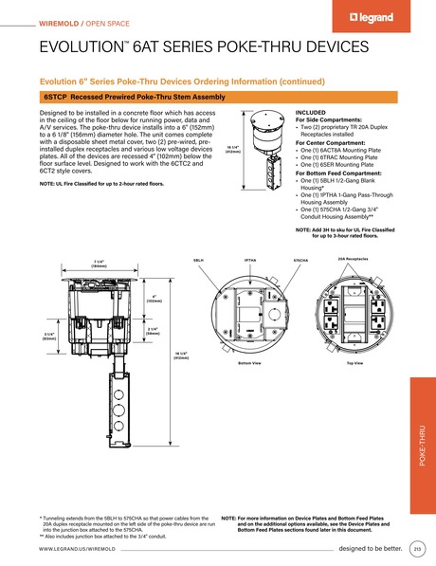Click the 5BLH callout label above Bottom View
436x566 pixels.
tap(198, 259)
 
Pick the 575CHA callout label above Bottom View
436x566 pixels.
tap(300, 259)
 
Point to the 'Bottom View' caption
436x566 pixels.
tap(249, 362)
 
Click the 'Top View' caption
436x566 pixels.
tap(353, 362)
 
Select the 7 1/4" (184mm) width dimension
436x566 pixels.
tap(99, 265)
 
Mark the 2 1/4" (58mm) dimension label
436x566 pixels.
tap(152, 331)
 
